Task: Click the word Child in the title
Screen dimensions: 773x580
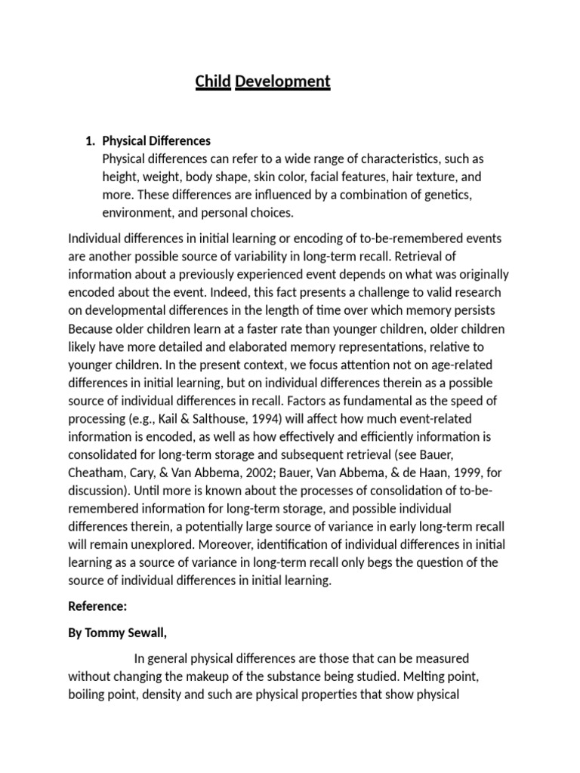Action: (x=213, y=81)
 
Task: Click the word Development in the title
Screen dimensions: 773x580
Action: (x=282, y=81)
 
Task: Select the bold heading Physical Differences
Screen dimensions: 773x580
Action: (x=156, y=140)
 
